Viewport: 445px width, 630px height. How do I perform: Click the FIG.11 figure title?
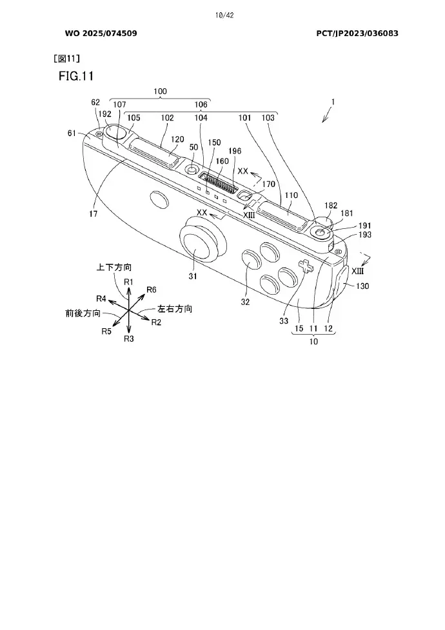(x=76, y=75)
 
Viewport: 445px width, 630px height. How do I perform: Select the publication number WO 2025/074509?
(x=101, y=34)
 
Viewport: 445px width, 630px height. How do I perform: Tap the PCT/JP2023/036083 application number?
(x=357, y=34)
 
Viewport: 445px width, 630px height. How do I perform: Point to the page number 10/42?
(x=224, y=15)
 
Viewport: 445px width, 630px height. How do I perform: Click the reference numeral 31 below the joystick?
(x=193, y=276)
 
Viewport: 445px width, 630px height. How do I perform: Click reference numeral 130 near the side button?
(x=362, y=286)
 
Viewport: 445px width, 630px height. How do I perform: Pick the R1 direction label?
(x=128, y=282)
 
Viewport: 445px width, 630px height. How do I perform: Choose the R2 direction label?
(x=156, y=322)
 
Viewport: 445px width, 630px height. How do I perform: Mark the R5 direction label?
(x=106, y=331)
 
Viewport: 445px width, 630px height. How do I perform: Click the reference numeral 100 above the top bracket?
(x=160, y=91)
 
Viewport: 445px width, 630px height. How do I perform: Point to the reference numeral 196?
(x=235, y=151)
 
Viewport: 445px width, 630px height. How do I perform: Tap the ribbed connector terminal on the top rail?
(x=219, y=184)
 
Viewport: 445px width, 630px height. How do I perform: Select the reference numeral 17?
(x=94, y=213)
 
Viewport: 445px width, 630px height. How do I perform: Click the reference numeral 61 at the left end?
(x=72, y=133)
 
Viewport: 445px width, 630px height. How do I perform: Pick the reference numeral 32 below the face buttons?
(x=245, y=302)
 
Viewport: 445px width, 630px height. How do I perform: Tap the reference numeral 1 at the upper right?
(x=333, y=102)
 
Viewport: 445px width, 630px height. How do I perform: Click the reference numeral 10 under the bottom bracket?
(x=313, y=342)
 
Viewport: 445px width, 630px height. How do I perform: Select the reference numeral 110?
(x=292, y=195)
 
